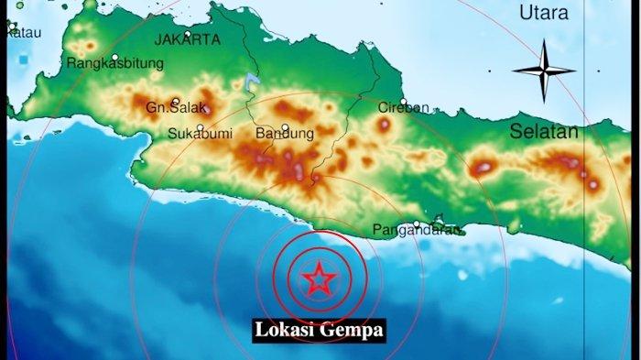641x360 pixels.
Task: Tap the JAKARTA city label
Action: (x=187, y=39)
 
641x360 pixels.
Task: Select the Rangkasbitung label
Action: (x=115, y=63)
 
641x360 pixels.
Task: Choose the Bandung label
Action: (x=284, y=134)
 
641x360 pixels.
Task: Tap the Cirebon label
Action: (x=403, y=107)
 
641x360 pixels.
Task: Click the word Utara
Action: (x=543, y=13)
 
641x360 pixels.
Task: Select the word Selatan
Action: (x=544, y=132)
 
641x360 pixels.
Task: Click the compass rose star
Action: (x=543, y=70)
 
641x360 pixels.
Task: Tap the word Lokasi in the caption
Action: (x=286, y=329)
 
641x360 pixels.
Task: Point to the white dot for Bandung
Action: (x=286, y=127)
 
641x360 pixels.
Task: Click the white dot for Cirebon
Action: (x=403, y=101)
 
